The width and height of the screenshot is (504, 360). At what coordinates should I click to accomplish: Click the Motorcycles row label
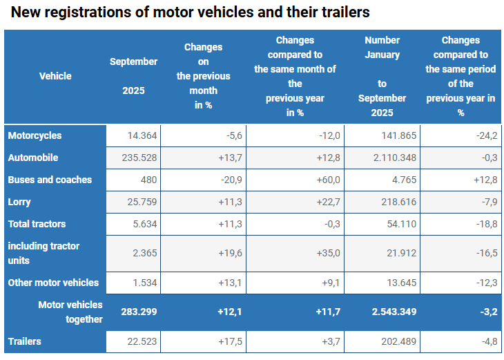click(35, 136)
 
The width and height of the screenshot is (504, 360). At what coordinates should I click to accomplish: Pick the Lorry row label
click(19, 202)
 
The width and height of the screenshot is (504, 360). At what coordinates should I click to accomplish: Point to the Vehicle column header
click(55, 76)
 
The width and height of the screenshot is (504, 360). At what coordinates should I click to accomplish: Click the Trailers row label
click(24, 341)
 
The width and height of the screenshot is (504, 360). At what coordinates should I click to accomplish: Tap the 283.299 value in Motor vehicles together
click(139, 312)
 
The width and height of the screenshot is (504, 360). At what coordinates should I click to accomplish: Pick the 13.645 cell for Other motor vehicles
click(400, 283)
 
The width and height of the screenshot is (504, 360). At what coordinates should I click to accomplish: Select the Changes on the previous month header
click(203, 76)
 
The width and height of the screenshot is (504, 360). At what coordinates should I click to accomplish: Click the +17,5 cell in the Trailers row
click(227, 341)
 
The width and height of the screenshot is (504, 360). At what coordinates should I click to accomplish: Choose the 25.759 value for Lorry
click(142, 202)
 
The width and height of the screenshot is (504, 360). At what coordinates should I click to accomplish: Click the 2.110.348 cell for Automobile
click(394, 158)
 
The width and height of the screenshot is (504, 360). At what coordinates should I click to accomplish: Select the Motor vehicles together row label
click(70, 312)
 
